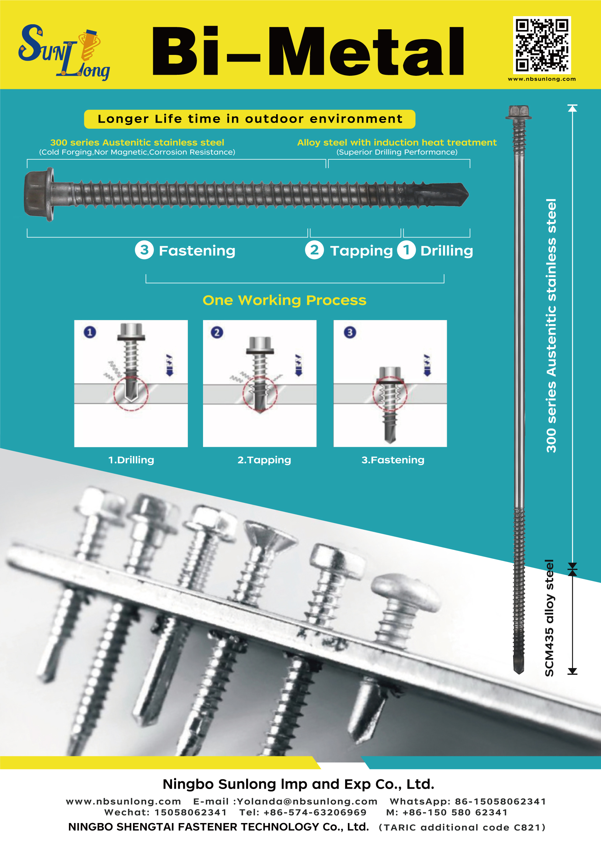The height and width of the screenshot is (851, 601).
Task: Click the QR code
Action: click(541, 45)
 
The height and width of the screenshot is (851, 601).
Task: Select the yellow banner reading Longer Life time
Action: click(249, 119)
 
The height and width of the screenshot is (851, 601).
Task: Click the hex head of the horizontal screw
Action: click(38, 194)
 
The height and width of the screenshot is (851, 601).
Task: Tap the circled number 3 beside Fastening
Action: click(144, 250)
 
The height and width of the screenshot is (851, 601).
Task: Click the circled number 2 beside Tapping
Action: click(314, 250)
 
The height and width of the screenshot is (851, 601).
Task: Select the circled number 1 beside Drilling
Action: click(406, 250)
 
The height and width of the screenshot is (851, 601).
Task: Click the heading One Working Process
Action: click(284, 300)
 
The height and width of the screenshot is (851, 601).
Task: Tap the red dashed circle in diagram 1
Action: click(131, 393)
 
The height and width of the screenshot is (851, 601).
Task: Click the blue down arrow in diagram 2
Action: click(298, 366)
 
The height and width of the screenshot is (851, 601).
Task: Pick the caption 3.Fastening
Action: click(393, 460)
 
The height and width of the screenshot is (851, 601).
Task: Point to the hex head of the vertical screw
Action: click(519, 112)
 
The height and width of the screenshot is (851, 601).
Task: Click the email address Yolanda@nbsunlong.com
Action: click(307, 801)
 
